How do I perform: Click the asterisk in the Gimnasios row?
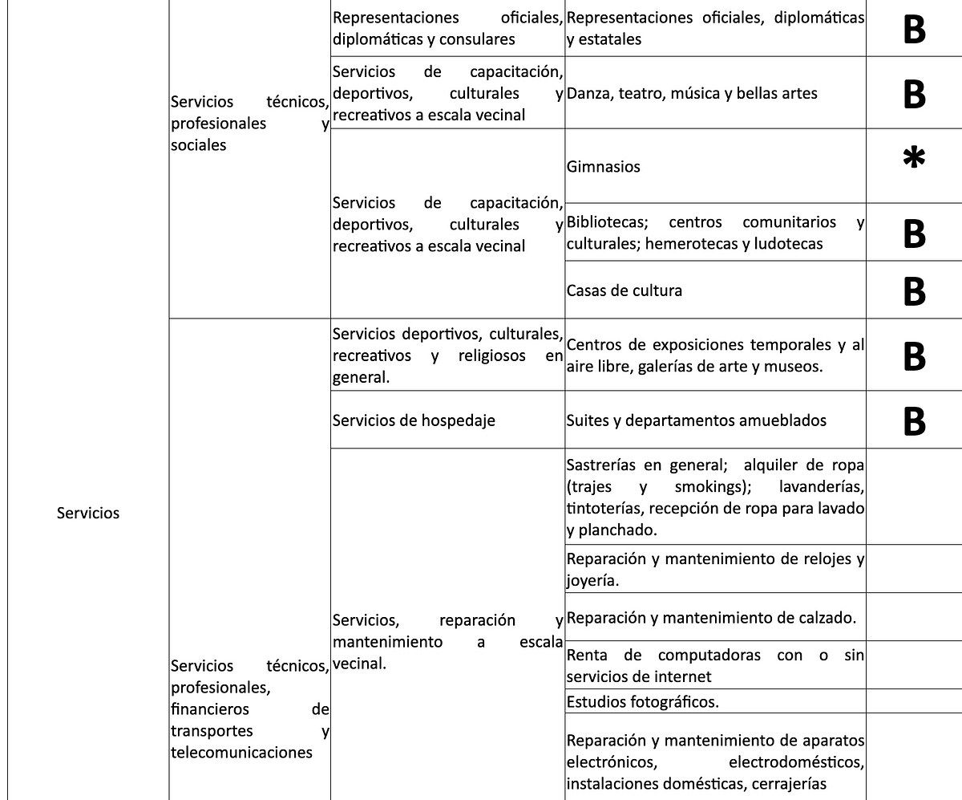[x=914, y=159]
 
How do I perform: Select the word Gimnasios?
[x=604, y=167]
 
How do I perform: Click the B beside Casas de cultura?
[x=914, y=291]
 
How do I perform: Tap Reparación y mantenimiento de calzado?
[x=711, y=618]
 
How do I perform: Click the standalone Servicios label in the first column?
[x=88, y=514]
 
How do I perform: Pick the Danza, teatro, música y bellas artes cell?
[x=692, y=93]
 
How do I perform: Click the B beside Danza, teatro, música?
[x=914, y=95]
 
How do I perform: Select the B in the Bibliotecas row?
[x=914, y=234]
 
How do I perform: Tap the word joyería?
[x=592, y=581]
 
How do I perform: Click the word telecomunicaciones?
[x=241, y=753]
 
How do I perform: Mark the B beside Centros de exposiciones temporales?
[x=914, y=357]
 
